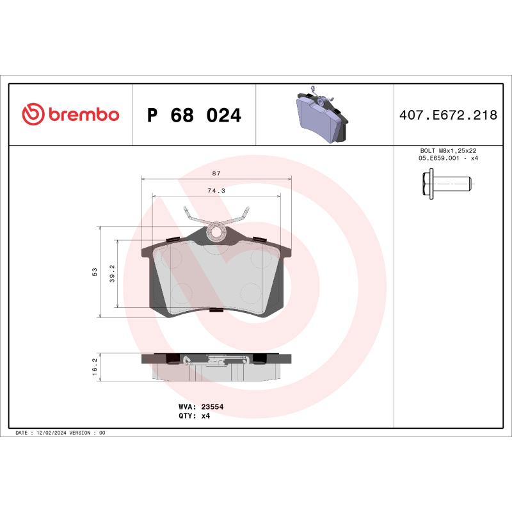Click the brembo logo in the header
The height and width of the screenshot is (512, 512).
[x=70, y=115]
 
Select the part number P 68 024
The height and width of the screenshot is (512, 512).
[x=194, y=116]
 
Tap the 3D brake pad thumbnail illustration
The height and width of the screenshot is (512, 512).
[x=324, y=116]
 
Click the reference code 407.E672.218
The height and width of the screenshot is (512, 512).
[x=448, y=116]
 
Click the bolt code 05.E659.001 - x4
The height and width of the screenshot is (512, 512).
[x=448, y=158]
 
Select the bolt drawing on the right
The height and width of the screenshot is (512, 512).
[x=447, y=184]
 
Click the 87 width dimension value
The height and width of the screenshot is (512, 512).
[x=216, y=173]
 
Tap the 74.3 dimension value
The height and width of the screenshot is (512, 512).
[x=216, y=191]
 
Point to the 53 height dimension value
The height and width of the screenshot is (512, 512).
[x=95, y=271]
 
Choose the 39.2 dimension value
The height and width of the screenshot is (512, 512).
[x=112, y=273]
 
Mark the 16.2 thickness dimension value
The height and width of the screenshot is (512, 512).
[x=95, y=366]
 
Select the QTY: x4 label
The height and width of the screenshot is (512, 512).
[x=193, y=415]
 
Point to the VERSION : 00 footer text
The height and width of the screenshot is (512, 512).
[x=91, y=433]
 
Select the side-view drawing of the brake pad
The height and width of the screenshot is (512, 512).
[x=216, y=366]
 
